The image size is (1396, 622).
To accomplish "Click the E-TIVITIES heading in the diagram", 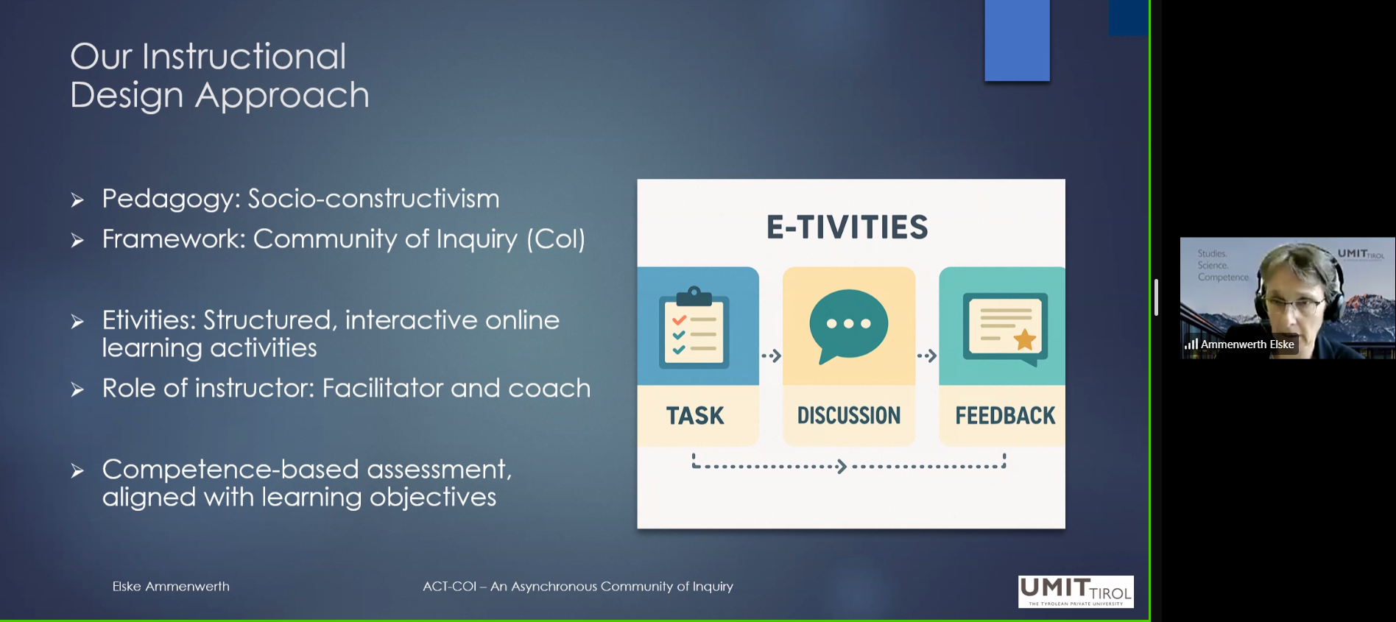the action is pos(847,227).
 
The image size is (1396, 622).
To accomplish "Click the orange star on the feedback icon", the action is pos(1024,339).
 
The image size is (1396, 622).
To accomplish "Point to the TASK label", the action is pos(695,416).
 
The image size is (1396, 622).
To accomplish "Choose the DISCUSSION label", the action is pos(849,416).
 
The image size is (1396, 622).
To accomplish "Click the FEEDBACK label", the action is pos(1005,416).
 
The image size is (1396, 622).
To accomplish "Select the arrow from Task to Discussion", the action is pos(771,356).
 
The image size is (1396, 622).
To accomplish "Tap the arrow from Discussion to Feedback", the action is pos(927,356).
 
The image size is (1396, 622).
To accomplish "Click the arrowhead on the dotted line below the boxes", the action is pos(842,466).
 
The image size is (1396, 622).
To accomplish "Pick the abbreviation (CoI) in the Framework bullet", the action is pos(556,239).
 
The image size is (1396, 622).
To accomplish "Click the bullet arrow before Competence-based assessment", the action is pos(77,471).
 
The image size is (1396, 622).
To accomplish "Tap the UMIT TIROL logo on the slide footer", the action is pos(1076,592).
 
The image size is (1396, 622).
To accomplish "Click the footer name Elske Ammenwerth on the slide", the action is pos(171,587).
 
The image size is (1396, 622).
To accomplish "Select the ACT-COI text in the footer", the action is pos(449,587).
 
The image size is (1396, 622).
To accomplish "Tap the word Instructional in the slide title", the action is pos(244,57).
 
